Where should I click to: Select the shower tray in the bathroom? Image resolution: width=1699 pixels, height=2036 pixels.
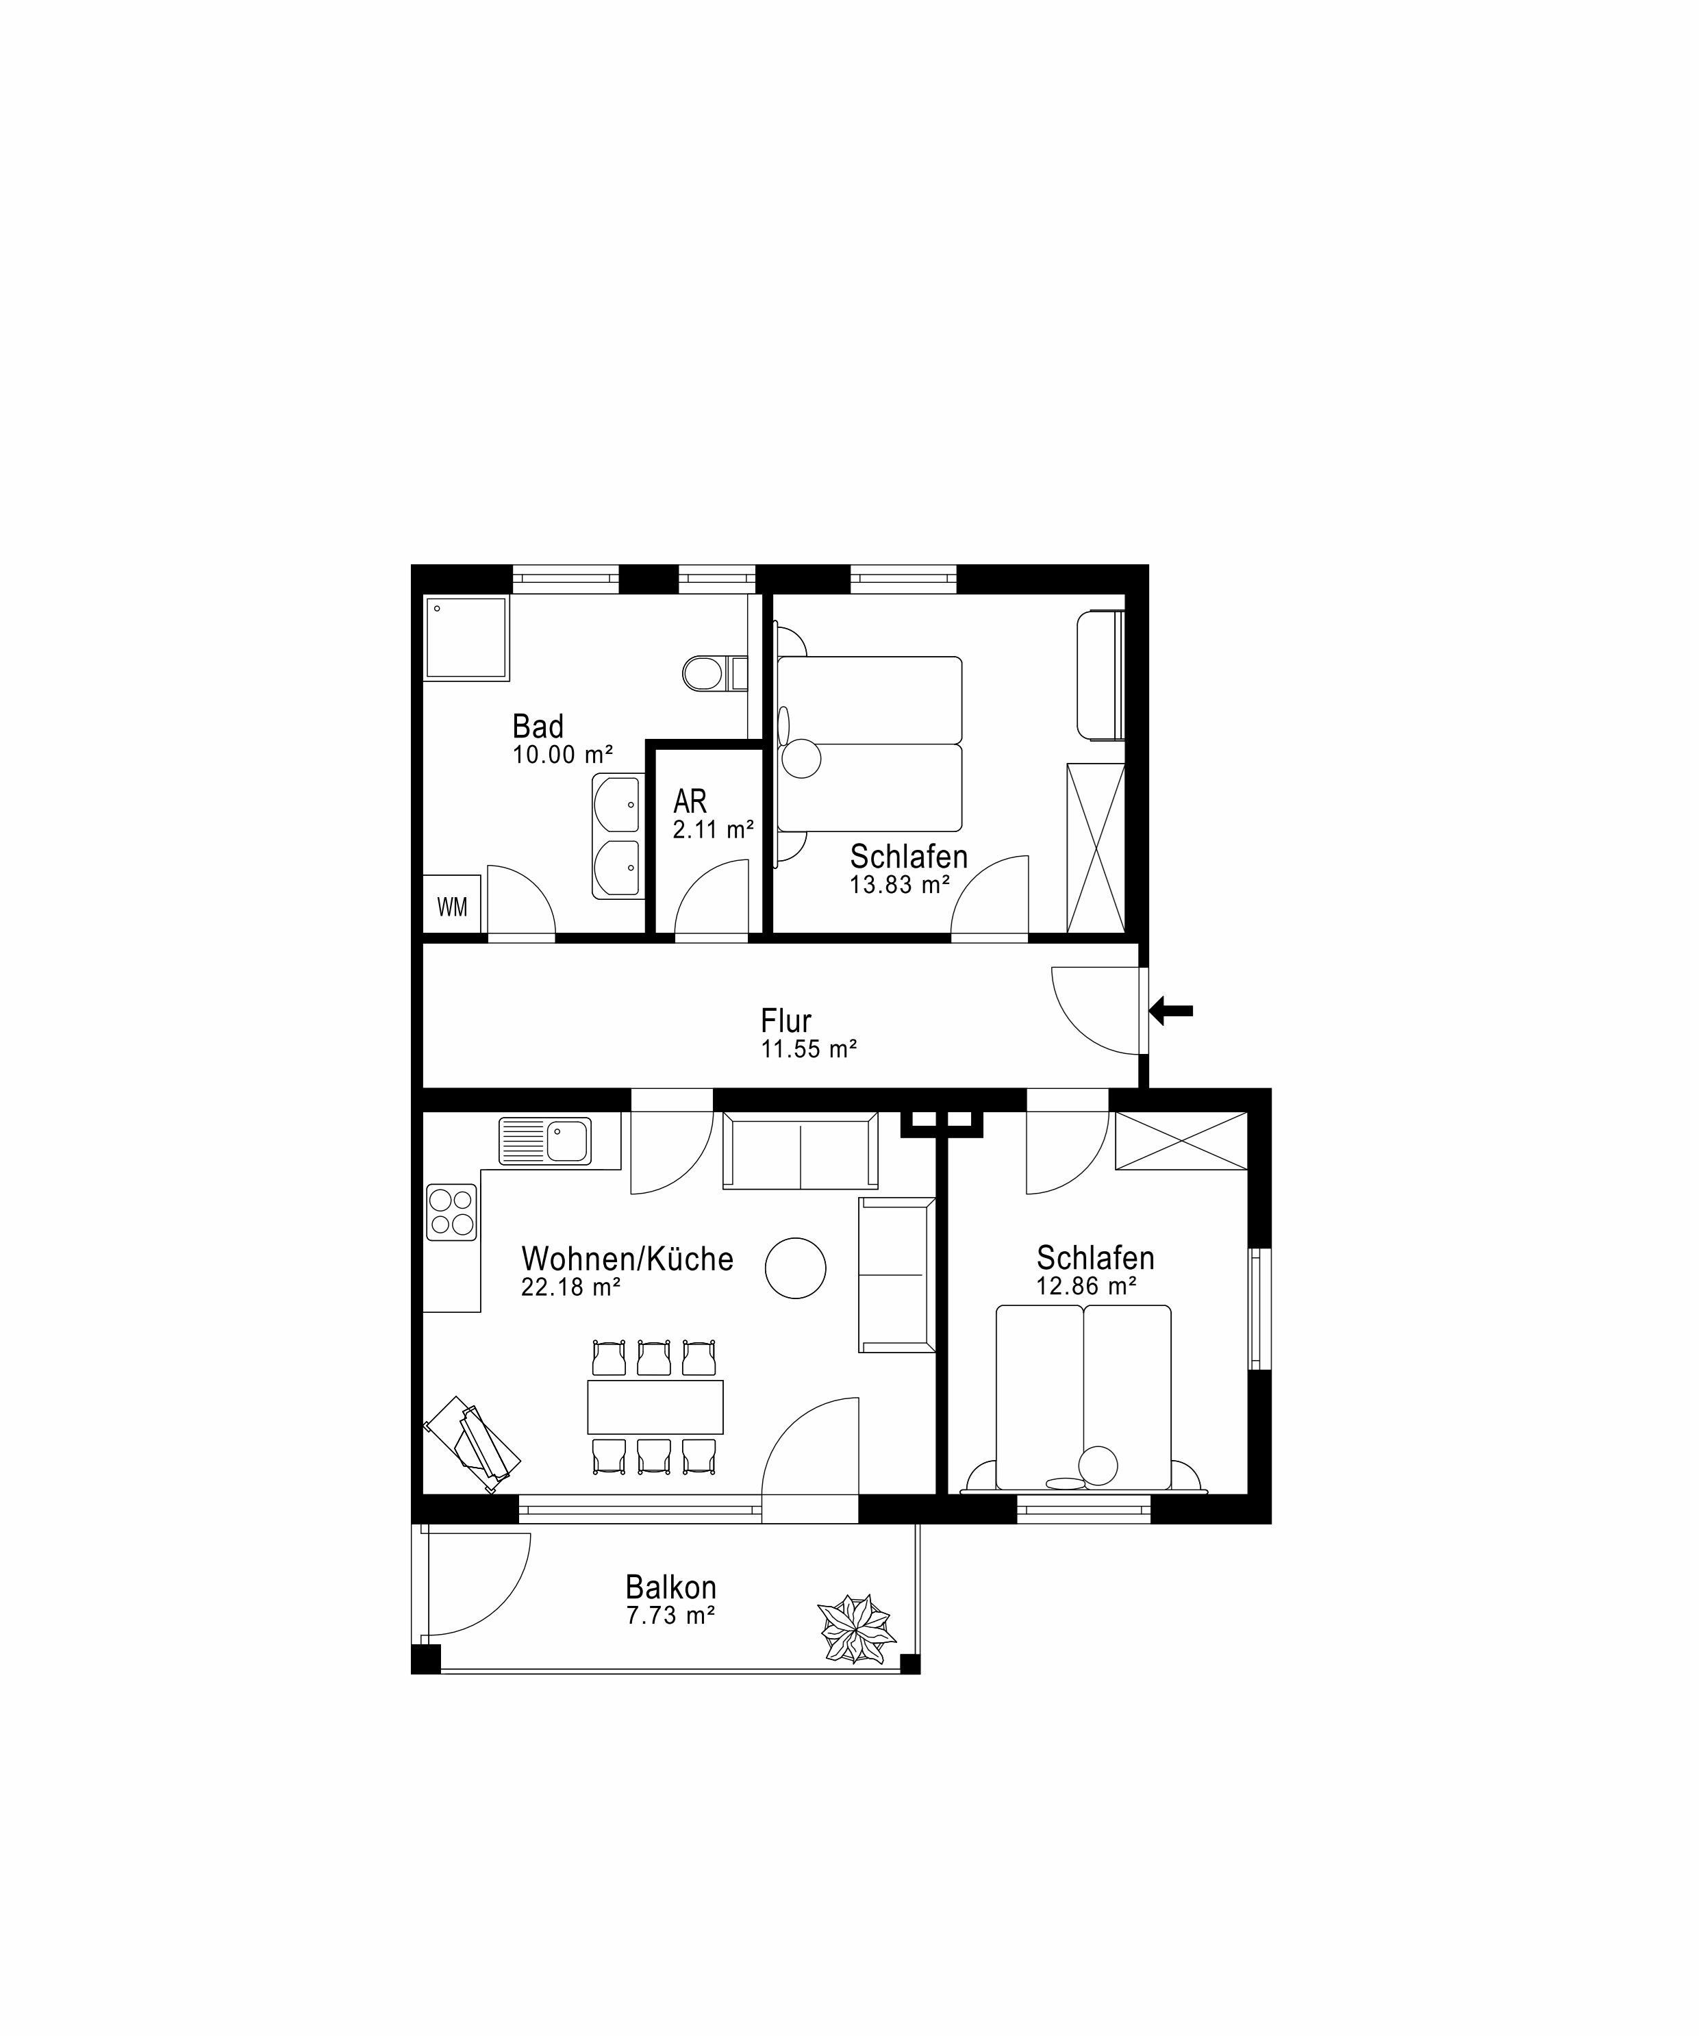[466, 638]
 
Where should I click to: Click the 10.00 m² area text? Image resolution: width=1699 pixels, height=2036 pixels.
[562, 754]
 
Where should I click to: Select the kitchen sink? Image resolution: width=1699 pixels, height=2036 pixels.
[545, 1141]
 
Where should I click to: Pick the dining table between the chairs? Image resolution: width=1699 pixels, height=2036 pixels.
[655, 1407]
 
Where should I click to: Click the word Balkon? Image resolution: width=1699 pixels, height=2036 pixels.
[671, 1587]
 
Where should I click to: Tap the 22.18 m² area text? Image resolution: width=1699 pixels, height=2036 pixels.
[571, 1287]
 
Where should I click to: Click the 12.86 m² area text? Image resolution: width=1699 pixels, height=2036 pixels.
[1086, 1285]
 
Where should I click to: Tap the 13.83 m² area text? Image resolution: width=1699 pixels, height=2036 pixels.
[900, 884]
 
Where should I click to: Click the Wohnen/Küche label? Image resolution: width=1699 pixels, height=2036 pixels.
[627, 1259]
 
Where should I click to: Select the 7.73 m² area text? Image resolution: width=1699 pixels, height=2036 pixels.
[671, 1616]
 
